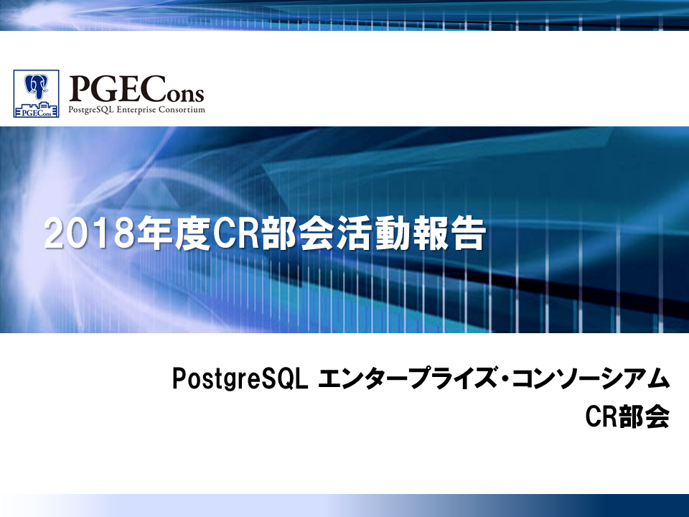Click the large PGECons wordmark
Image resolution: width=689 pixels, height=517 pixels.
(136, 90)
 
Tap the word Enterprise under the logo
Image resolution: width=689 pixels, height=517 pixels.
(135, 109)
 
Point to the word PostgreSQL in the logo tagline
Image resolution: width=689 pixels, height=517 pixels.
(91, 110)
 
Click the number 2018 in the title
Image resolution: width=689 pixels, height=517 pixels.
(89, 233)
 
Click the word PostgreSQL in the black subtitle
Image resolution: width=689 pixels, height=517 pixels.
(240, 379)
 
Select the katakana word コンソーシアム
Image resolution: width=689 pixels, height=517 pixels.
(591, 378)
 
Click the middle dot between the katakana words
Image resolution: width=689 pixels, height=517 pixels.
(505, 379)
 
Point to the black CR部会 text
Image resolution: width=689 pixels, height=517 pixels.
(627, 416)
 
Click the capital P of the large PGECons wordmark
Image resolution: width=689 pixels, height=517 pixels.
(79, 90)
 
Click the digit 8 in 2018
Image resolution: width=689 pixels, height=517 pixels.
(123, 234)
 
